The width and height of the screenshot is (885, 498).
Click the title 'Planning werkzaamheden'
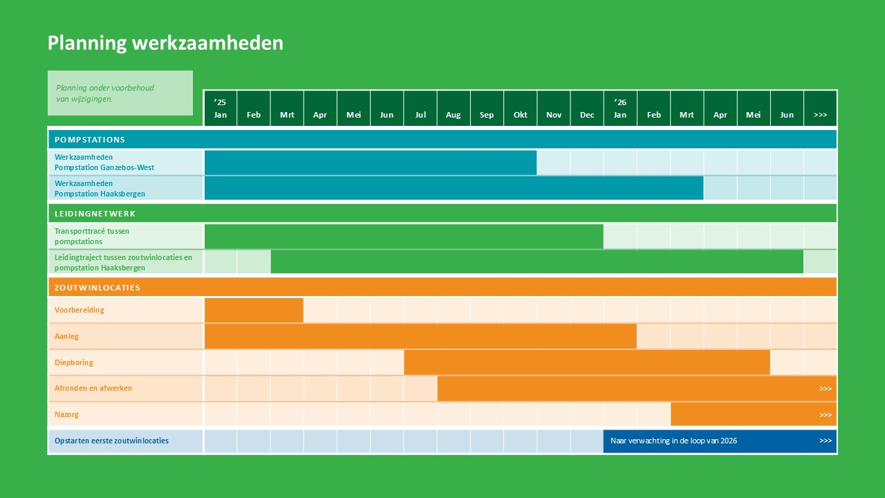(x=165, y=43)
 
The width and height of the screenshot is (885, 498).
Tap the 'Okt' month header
(x=520, y=109)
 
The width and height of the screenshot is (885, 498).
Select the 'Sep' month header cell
(x=487, y=109)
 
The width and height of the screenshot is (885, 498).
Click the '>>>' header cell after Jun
(x=820, y=109)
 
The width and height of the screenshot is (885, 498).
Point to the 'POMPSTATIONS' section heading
(x=90, y=140)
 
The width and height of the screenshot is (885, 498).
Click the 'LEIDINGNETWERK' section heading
(x=95, y=214)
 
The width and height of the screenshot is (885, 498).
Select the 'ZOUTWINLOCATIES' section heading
(x=97, y=288)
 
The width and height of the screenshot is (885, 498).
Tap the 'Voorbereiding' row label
(x=80, y=310)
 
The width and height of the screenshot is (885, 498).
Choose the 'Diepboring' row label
(x=74, y=362)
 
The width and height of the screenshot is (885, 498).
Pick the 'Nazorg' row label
(x=68, y=414)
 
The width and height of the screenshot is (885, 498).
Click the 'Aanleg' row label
(x=67, y=336)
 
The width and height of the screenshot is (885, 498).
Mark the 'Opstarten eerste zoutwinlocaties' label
(x=112, y=441)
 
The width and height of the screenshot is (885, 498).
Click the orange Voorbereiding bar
(x=254, y=310)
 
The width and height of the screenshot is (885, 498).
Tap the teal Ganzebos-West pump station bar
(x=370, y=163)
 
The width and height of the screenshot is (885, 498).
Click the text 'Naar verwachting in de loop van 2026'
(x=673, y=441)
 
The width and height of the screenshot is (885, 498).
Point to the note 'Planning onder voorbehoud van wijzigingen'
(x=105, y=93)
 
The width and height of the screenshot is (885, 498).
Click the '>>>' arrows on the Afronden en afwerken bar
(x=826, y=389)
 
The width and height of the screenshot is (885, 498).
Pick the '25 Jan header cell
(x=220, y=109)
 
